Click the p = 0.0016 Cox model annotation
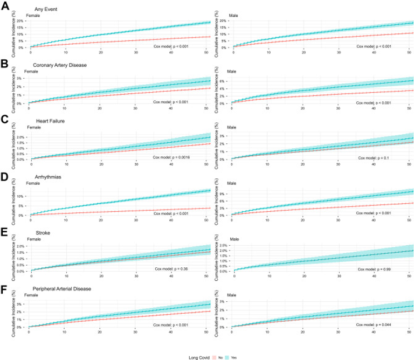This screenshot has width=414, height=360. point(174,157)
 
